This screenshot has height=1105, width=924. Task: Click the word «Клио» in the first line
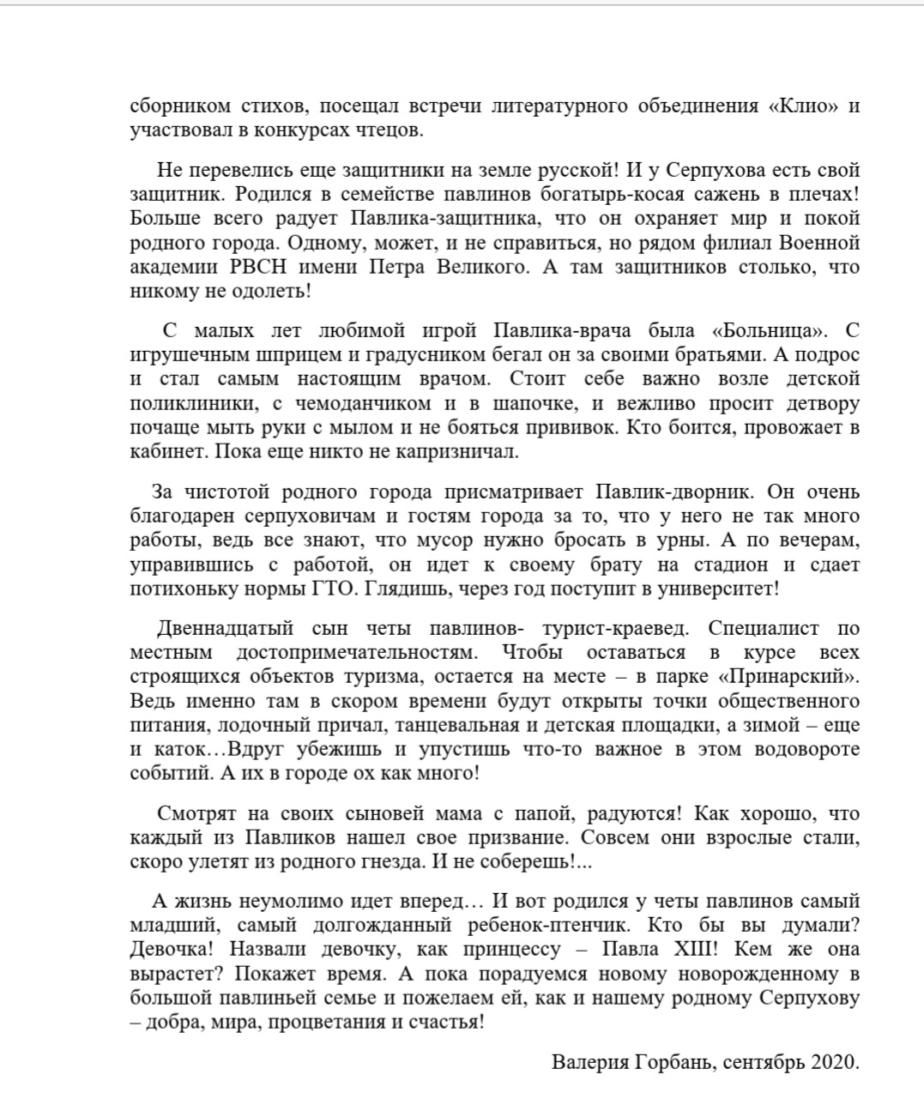802,106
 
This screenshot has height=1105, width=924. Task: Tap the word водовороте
806,749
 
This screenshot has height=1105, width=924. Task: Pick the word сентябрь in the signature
764,1062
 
